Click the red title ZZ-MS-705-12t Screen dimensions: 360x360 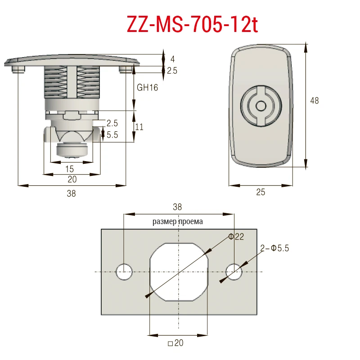(x=193, y=24)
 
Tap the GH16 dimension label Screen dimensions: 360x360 (x=147, y=88)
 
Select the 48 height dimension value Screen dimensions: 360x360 (x=314, y=100)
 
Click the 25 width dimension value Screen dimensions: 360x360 (x=261, y=192)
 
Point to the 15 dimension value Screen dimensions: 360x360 (x=69, y=169)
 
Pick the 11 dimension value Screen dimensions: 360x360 (x=139, y=127)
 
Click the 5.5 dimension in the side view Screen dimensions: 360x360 (x=112, y=135)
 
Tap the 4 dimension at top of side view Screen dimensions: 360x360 (x=173, y=59)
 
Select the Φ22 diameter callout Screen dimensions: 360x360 (x=236, y=237)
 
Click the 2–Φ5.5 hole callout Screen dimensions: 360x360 (x=274, y=248)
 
